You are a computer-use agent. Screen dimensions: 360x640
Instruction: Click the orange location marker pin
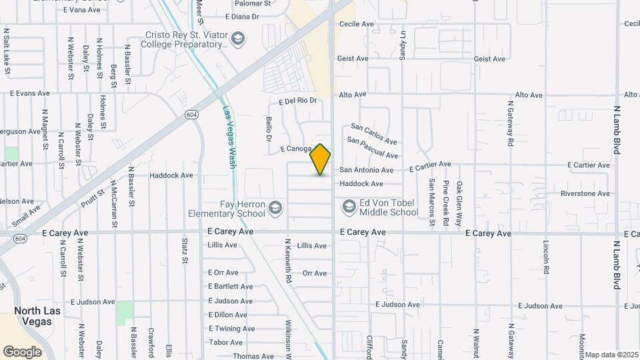(x=321, y=159)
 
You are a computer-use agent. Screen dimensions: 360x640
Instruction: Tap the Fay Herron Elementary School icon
(x=275, y=209)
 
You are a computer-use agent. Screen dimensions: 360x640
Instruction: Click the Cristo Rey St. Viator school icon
(x=237, y=40)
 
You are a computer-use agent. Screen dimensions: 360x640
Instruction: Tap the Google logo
(x=23, y=351)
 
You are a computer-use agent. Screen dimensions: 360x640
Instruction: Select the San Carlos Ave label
(x=374, y=134)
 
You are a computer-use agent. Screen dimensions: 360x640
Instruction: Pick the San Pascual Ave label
(x=373, y=148)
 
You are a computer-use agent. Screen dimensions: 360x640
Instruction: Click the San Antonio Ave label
(x=366, y=170)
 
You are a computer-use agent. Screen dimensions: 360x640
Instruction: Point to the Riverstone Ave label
(x=585, y=194)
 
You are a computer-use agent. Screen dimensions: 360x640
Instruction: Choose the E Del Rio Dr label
(x=297, y=101)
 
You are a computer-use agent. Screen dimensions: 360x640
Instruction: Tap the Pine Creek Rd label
(x=445, y=201)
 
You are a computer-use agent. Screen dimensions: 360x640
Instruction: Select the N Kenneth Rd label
(x=289, y=261)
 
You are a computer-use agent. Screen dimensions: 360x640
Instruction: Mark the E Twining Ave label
(x=231, y=329)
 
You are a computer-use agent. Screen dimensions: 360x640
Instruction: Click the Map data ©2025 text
(x=612, y=355)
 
